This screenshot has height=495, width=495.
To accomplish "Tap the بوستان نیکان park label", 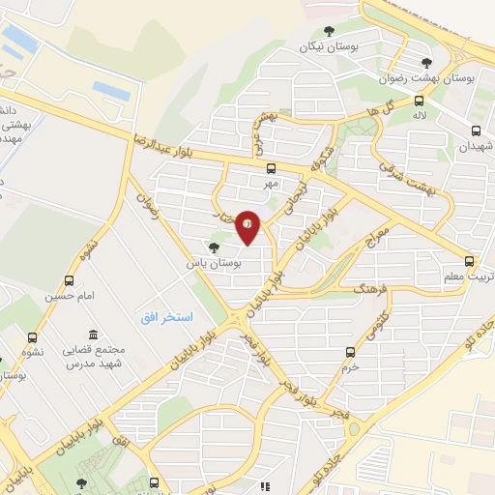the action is (x=322, y=45).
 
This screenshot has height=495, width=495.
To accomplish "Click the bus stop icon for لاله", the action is (x=419, y=101).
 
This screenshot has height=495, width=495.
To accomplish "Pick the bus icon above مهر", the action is (x=270, y=166).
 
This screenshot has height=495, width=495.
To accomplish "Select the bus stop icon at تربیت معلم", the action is (x=470, y=261).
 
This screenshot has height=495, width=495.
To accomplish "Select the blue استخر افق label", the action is (x=164, y=318).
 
